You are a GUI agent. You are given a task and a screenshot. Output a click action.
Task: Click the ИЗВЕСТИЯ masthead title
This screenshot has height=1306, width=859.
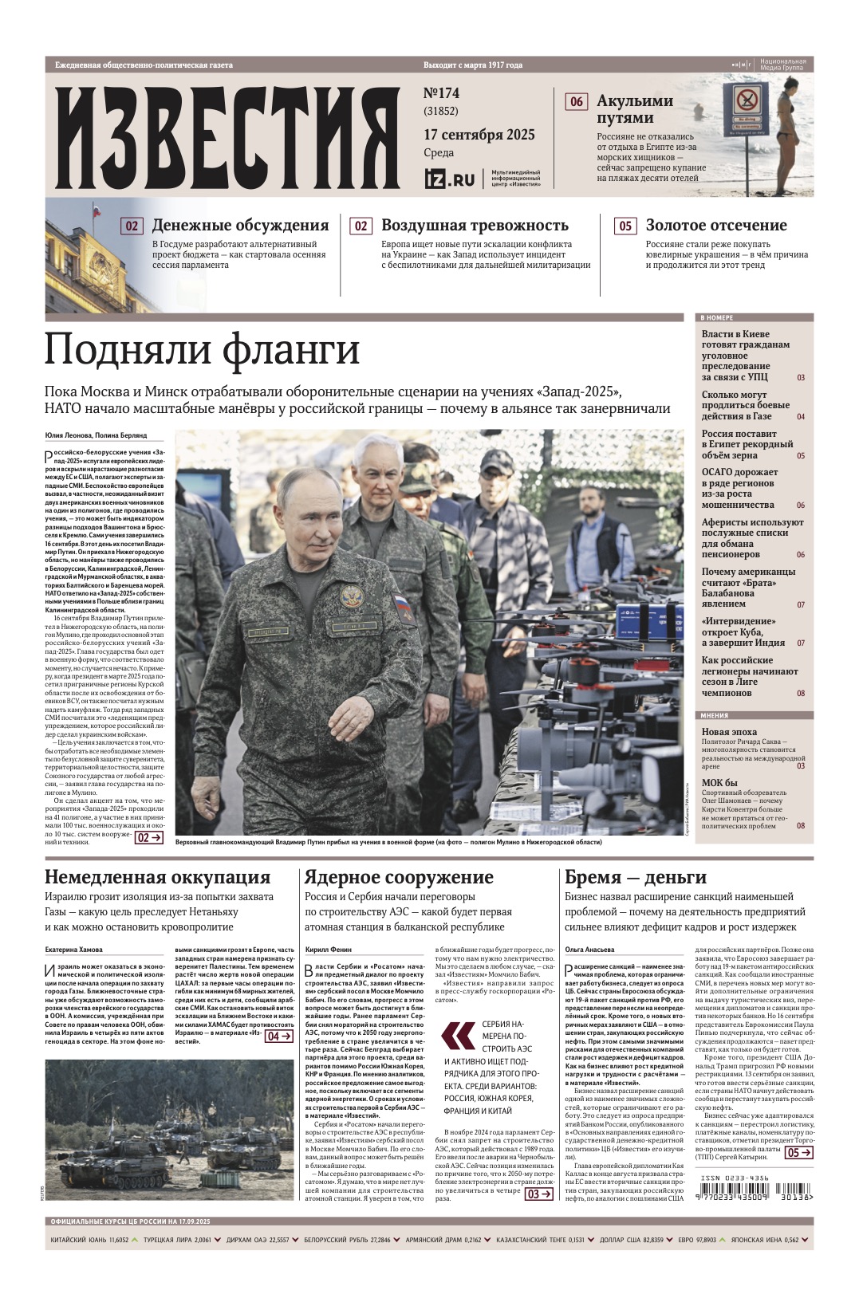click(x=227, y=136)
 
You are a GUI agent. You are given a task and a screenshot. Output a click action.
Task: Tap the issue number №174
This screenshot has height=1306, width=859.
click(x=441, y=93)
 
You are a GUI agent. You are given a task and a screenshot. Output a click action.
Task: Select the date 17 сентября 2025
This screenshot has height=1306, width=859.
click(x=479, y=135)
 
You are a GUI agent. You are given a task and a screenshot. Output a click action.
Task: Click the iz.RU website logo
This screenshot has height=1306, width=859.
click(x=449, y=179)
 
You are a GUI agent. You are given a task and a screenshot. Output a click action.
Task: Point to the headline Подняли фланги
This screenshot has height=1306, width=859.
click(x=202, y=349)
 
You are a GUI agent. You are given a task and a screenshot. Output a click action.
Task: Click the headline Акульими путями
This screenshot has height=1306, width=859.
click(x=635, y=109)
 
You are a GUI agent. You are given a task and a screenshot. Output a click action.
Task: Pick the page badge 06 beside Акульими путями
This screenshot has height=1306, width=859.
click(x=576, y=102)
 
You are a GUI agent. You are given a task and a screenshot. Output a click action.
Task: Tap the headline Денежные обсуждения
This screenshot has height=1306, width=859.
click(x=240, y=226)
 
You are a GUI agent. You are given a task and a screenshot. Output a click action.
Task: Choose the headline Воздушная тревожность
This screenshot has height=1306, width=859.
click(x=475, y=226)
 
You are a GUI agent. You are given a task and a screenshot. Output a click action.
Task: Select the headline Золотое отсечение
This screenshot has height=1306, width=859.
click(x=715, y=226)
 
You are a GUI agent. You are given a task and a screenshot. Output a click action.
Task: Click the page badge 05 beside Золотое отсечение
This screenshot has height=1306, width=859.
click(x=625, y=226)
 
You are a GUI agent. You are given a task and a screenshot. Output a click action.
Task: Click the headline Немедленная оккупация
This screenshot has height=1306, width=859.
click(x=157, y=877)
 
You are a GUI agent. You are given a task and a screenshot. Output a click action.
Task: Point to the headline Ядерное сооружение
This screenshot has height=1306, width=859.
click(x=399, y=877)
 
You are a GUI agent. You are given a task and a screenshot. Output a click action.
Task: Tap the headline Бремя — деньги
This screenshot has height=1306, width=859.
click(x=636, y=877)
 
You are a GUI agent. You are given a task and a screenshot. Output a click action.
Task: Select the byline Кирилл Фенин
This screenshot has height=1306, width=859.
click(x=329, y=950)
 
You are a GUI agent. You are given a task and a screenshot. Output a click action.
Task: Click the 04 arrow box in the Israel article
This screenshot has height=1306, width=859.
click(x=278, y=1037)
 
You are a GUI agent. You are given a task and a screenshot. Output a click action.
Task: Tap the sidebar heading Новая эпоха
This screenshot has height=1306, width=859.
click(x=729, y=731)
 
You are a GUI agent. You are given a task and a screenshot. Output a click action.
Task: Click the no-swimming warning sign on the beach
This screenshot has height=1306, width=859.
click(x=747, y=108)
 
